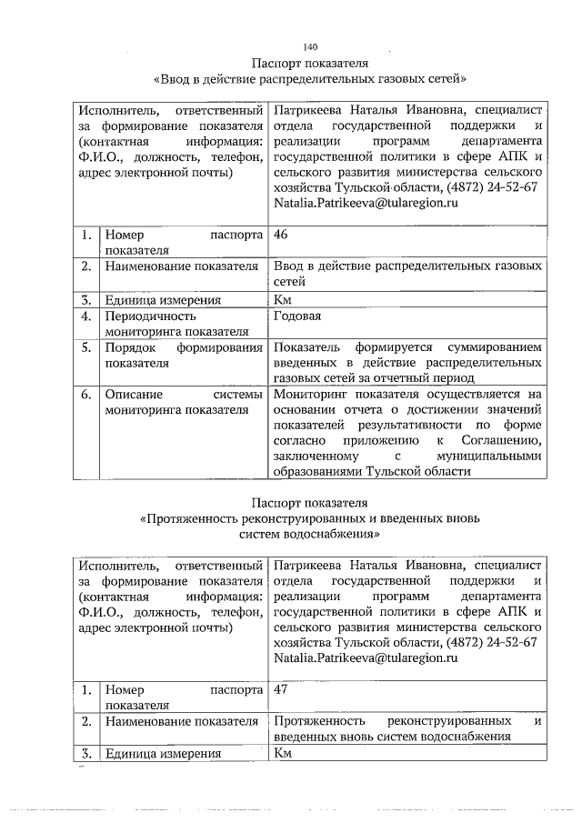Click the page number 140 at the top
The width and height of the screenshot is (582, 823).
coord(310,46)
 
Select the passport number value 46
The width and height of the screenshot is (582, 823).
coord(282,235)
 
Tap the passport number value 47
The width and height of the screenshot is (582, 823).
coord(282,690)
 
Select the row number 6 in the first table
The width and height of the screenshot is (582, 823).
coord(85,395)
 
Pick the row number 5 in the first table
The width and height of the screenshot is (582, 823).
coord(85,348)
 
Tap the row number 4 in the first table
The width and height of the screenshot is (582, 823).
coord(85,316)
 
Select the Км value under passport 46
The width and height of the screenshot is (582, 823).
coord(283,299)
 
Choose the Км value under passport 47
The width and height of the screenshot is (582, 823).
coord(283,753)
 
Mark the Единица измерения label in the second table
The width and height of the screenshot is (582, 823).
coord(164,753)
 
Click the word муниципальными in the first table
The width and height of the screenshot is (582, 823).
coord(489,457)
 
